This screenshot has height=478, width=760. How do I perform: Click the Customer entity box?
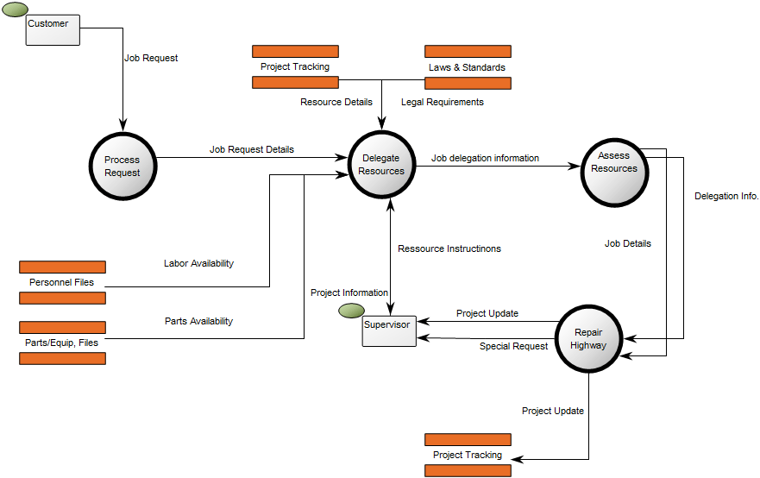point(53,29)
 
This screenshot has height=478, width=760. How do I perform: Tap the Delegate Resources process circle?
point(381,165)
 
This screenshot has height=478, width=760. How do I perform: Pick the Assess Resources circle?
point(613,170)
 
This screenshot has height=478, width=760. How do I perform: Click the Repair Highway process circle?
point(588,338)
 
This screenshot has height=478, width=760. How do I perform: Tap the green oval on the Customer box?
point(16,9)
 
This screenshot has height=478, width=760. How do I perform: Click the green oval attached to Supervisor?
point(350,311)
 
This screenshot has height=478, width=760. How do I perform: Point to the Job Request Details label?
point(251,149)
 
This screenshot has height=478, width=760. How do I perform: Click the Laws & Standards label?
point(467,67)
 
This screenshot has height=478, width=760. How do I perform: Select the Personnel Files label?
point(61,282)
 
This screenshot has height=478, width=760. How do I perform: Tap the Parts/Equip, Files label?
point(61,343)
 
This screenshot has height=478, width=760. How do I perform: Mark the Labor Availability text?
point(198,263)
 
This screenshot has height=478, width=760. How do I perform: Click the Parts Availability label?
point(198,321)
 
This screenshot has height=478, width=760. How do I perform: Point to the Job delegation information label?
point(485,158)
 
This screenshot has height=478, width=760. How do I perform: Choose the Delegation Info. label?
point(726,196)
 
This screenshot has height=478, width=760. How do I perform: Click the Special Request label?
point(513,346)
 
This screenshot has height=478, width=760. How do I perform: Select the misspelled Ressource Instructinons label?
point(449,248)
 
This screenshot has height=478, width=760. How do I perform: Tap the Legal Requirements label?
point(442,102)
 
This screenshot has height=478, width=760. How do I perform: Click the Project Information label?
point(349,292)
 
